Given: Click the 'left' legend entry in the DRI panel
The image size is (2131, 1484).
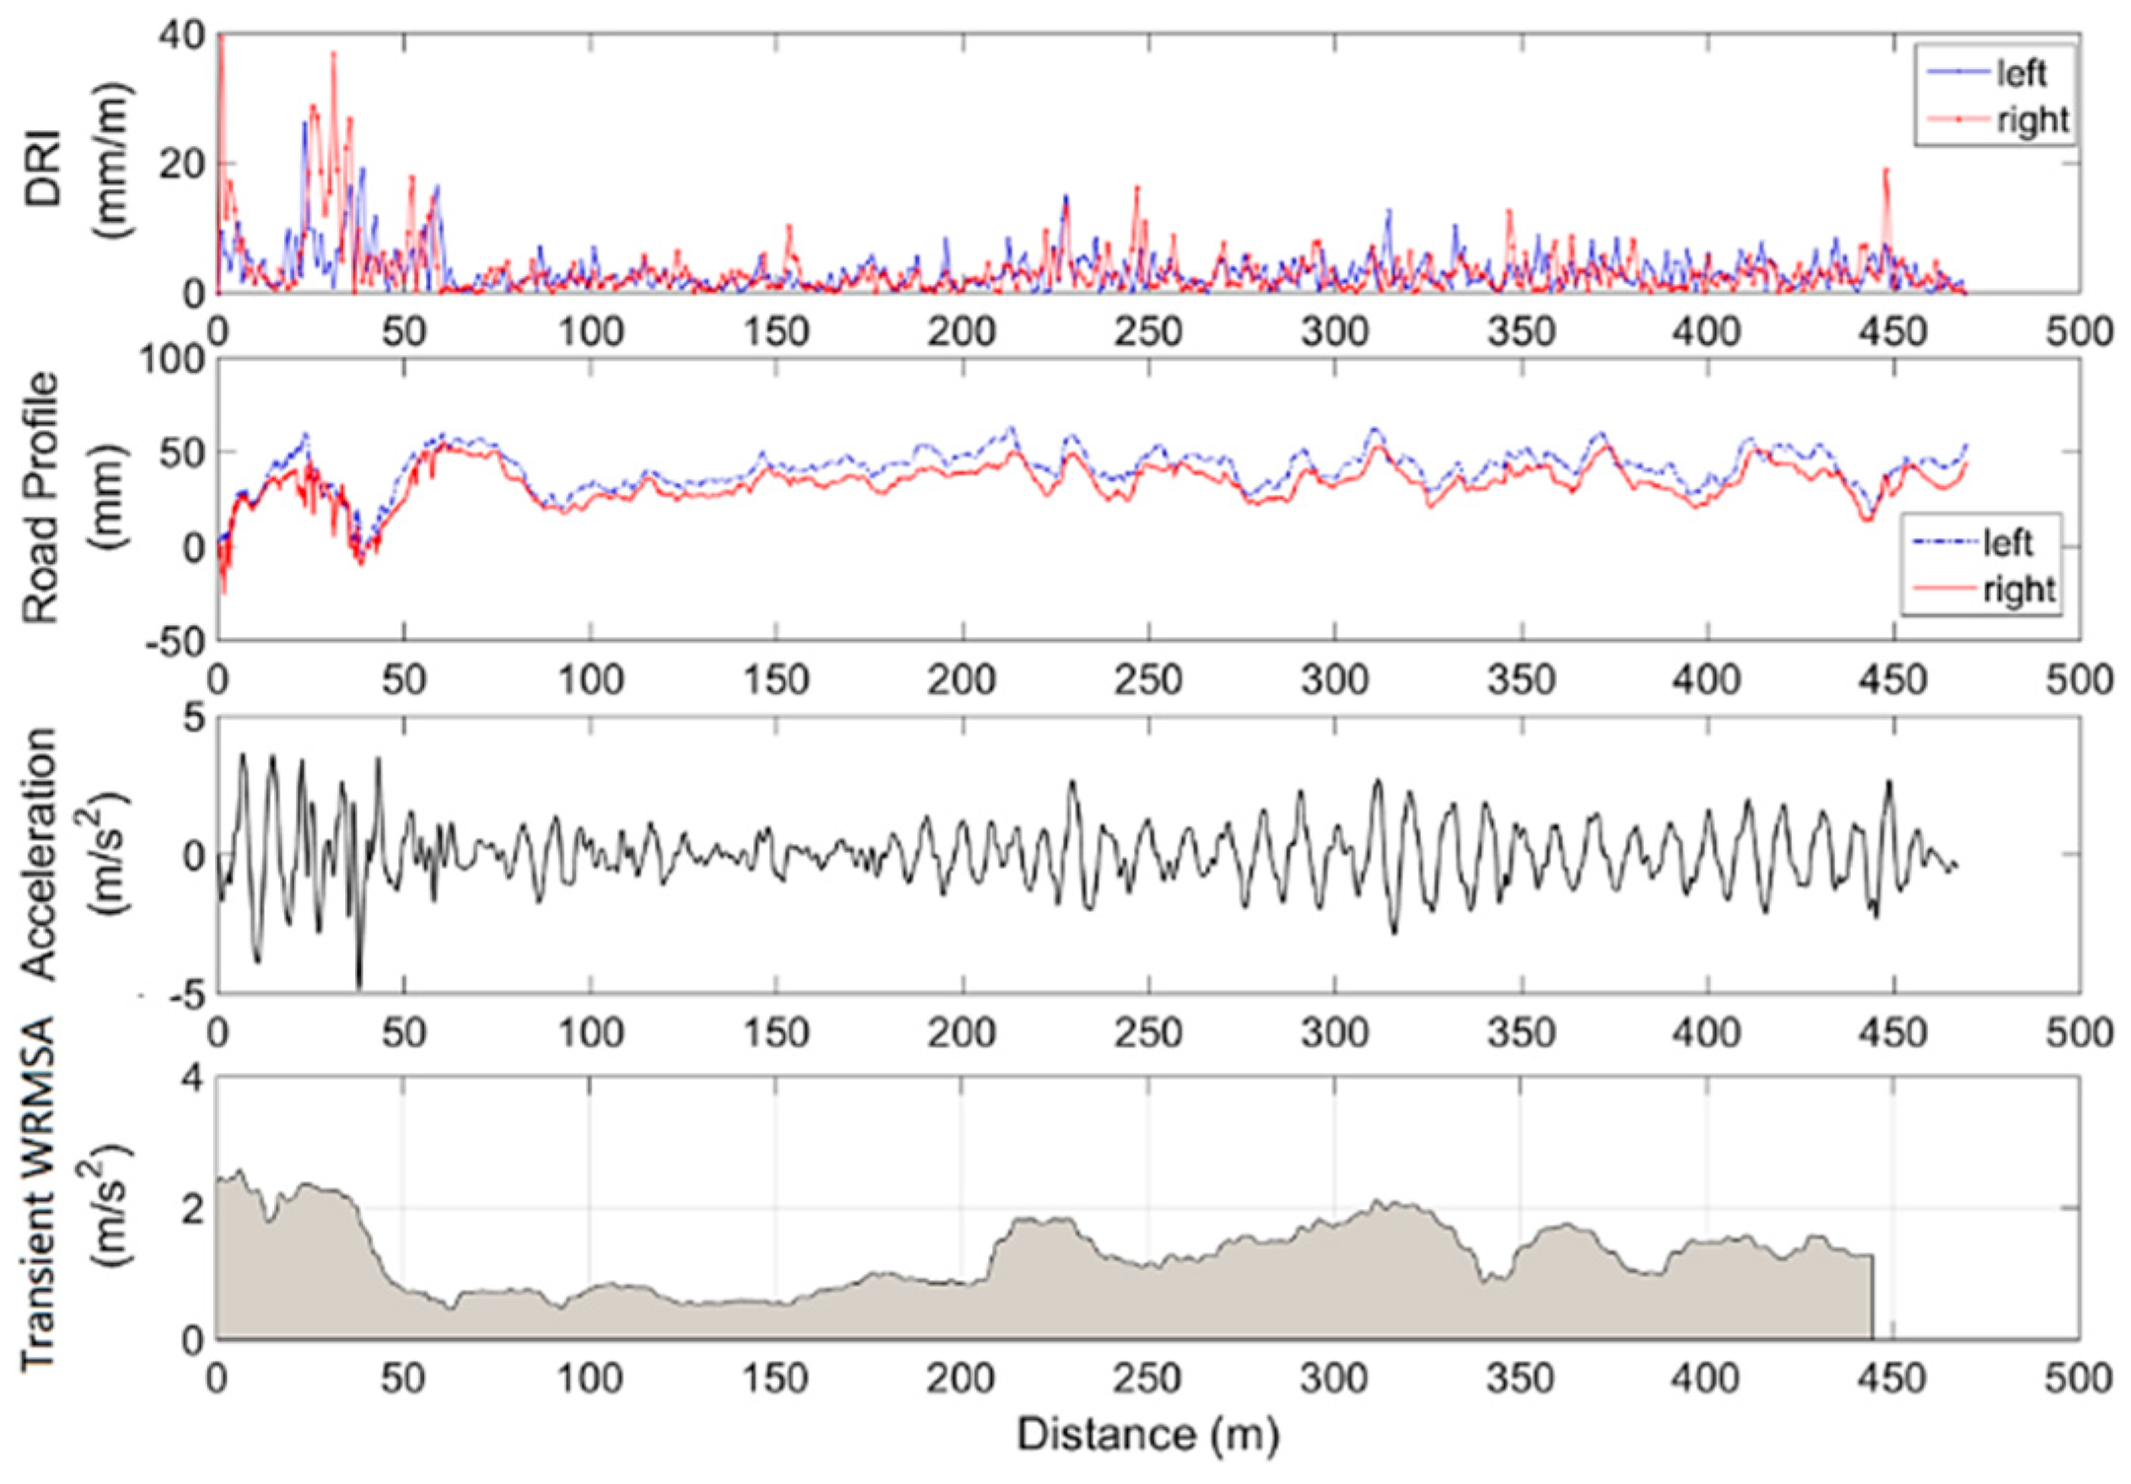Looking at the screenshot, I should (x=2020, y=73).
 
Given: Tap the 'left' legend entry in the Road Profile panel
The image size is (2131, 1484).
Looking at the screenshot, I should (x=2007, y=541).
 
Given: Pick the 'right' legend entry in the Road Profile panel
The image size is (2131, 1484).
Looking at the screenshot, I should (x=2017, y=589).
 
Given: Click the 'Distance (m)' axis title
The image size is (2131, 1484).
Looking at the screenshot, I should (x=1148, y=1435).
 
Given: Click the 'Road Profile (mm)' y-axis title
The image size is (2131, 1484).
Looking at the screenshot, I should (x=74, y=498).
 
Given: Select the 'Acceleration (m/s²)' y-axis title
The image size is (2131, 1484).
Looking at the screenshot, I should (x=74, y=853).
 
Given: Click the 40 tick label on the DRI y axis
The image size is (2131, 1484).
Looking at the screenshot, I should (x=181, y=37).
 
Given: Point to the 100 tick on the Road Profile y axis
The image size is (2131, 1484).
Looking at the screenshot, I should (x=173, y=360).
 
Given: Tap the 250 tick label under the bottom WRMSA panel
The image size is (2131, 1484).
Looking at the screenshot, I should (x=1147, y=1378).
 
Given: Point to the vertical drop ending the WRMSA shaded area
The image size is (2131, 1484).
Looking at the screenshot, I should (x=1872, y=1297).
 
